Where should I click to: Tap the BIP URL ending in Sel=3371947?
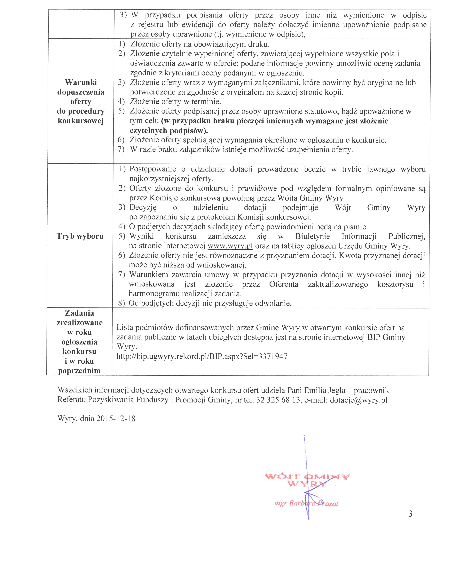[x=202, y=356]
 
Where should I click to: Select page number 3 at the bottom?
[x=410, y=514]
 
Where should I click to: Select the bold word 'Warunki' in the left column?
[x=81, y=82]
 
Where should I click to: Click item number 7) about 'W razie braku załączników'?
[x=121, y=150]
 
